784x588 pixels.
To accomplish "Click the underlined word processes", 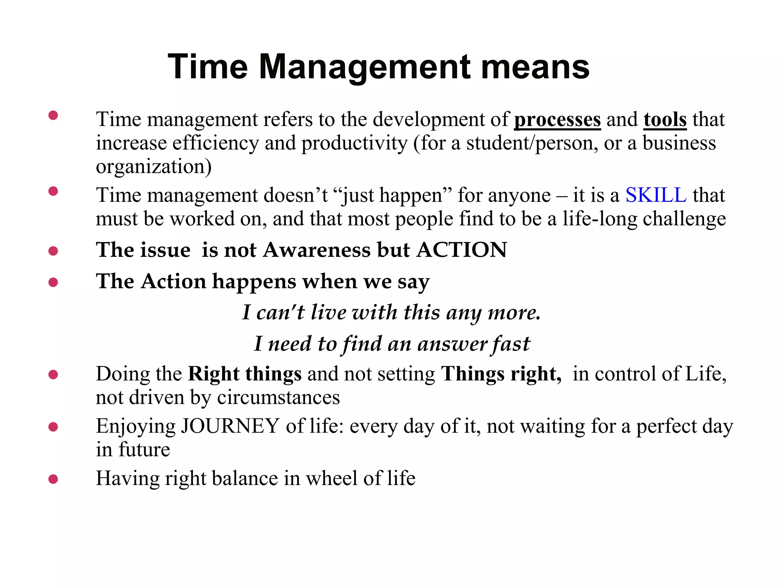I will [x=557, y=119].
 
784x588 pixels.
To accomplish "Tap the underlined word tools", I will [x=665, y=119].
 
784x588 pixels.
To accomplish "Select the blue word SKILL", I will [x=656, y=195].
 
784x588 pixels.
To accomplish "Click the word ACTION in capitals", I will [x=462, y=250].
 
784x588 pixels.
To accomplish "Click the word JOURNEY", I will [x=230, y=426].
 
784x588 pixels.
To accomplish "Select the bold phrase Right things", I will [x=245, y=374].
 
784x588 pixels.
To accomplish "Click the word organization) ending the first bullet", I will [x=154, y=167].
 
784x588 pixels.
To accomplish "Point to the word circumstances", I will [x=278, y=397].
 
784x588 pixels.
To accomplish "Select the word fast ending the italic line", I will [x=511, y=344].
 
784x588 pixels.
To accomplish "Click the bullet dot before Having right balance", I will [x=53, y=479].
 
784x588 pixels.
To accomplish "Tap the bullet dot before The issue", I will [x=53, y=251].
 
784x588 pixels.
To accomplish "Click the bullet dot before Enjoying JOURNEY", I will [x=53, y=426].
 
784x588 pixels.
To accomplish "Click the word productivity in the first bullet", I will [x=354, y=144].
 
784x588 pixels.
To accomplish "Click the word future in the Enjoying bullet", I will [x=144, y=450].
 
